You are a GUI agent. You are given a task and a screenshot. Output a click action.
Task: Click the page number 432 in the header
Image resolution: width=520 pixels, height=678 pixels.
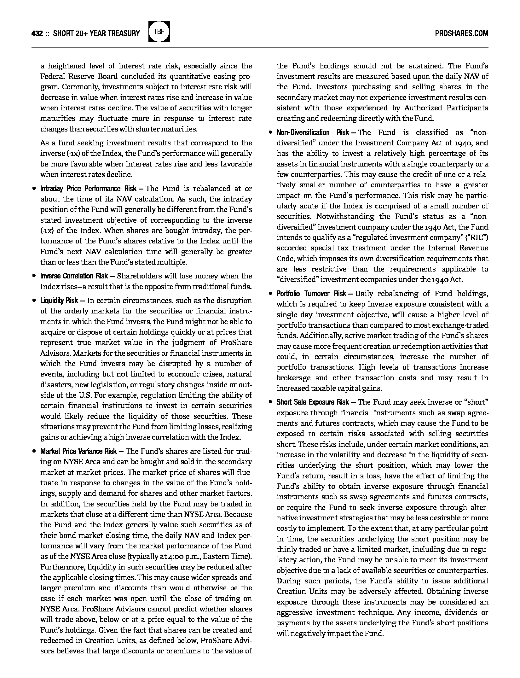37,33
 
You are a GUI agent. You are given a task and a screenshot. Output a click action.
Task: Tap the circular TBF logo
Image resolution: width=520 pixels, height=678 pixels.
159,32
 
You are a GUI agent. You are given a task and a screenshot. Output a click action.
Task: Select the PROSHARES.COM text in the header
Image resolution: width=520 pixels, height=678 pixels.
461,33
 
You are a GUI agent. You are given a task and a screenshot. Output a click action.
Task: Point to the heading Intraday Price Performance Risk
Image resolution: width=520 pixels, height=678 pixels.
88,189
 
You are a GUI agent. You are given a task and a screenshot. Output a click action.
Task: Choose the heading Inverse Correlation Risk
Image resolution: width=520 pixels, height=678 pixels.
74,276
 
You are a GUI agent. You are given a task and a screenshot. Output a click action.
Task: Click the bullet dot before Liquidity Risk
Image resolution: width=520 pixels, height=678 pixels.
34,301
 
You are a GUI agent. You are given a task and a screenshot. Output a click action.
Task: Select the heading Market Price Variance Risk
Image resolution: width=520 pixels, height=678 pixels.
78,451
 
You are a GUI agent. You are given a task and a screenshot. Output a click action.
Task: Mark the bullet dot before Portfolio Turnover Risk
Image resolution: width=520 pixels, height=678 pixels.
270,294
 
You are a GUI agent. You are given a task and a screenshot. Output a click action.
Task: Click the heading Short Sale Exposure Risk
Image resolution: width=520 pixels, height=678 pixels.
313,402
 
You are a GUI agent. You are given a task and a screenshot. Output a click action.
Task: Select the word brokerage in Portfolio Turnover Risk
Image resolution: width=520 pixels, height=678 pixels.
293,378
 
